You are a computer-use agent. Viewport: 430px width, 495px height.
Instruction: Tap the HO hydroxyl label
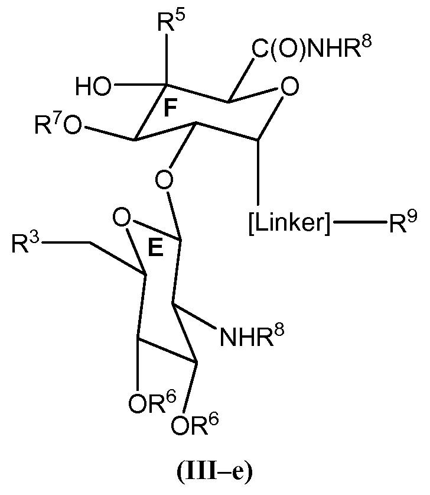click(x=93, y=88)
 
